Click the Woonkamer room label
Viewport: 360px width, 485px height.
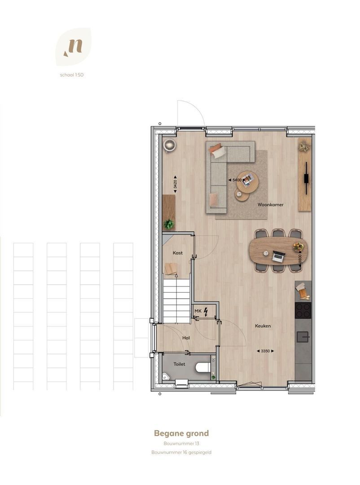click(x=270, y=204)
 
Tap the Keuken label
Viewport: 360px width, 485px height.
click(x=263, y=326)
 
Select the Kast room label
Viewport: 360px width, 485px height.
click(x=177, y=253)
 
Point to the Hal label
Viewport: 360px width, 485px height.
click(x=186, y=338)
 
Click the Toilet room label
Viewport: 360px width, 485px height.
click(x=180, y=364)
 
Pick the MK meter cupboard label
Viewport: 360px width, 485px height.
click(x=198, y=311)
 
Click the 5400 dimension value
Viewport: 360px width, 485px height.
click(x=237, y=180)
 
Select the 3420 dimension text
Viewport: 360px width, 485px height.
click(x=175, y=184)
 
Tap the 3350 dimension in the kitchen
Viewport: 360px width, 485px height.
click(x=265, y=351)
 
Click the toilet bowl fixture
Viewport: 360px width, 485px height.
click(x=203, y=367)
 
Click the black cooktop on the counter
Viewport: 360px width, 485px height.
click(x=303, y=310)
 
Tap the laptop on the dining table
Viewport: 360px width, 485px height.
click(x=278, y=257)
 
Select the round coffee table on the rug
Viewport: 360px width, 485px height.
click(x=247, y=182)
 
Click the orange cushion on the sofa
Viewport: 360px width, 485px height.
click(x=215, y=148)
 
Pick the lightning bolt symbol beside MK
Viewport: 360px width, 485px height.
click(x=206, y=311)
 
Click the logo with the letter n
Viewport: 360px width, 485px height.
click(x=73, y=47)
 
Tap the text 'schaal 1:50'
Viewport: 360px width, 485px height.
click(x=72, y=75)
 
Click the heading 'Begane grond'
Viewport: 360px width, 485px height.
click(x=181, y=433)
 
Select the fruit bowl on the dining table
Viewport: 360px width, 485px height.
click(x=298, y=247)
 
